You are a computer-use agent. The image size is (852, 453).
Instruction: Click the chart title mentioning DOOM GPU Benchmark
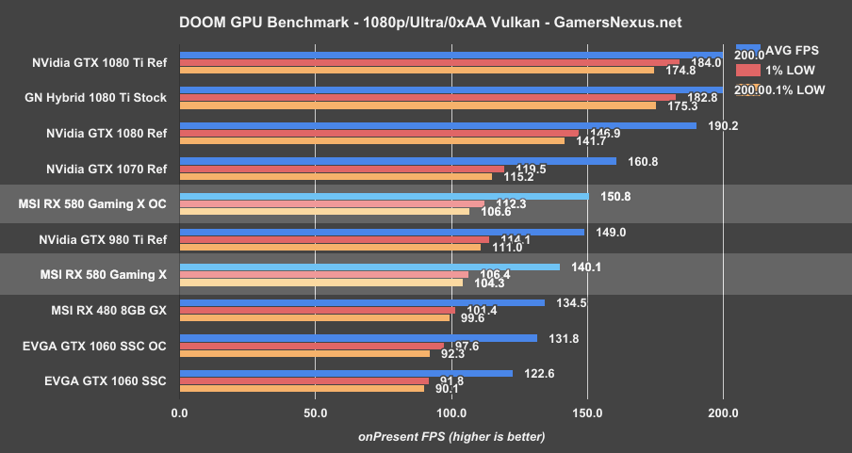pos(426,21)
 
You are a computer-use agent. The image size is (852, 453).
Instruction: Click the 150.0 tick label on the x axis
pos(587,413)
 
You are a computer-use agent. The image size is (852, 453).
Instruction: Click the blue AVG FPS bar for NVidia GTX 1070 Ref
pos(397,161)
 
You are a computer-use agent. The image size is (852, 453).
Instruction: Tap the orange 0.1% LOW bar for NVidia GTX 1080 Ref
pos(371,141)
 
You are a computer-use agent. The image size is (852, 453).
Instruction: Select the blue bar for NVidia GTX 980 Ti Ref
pos(381,232)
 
